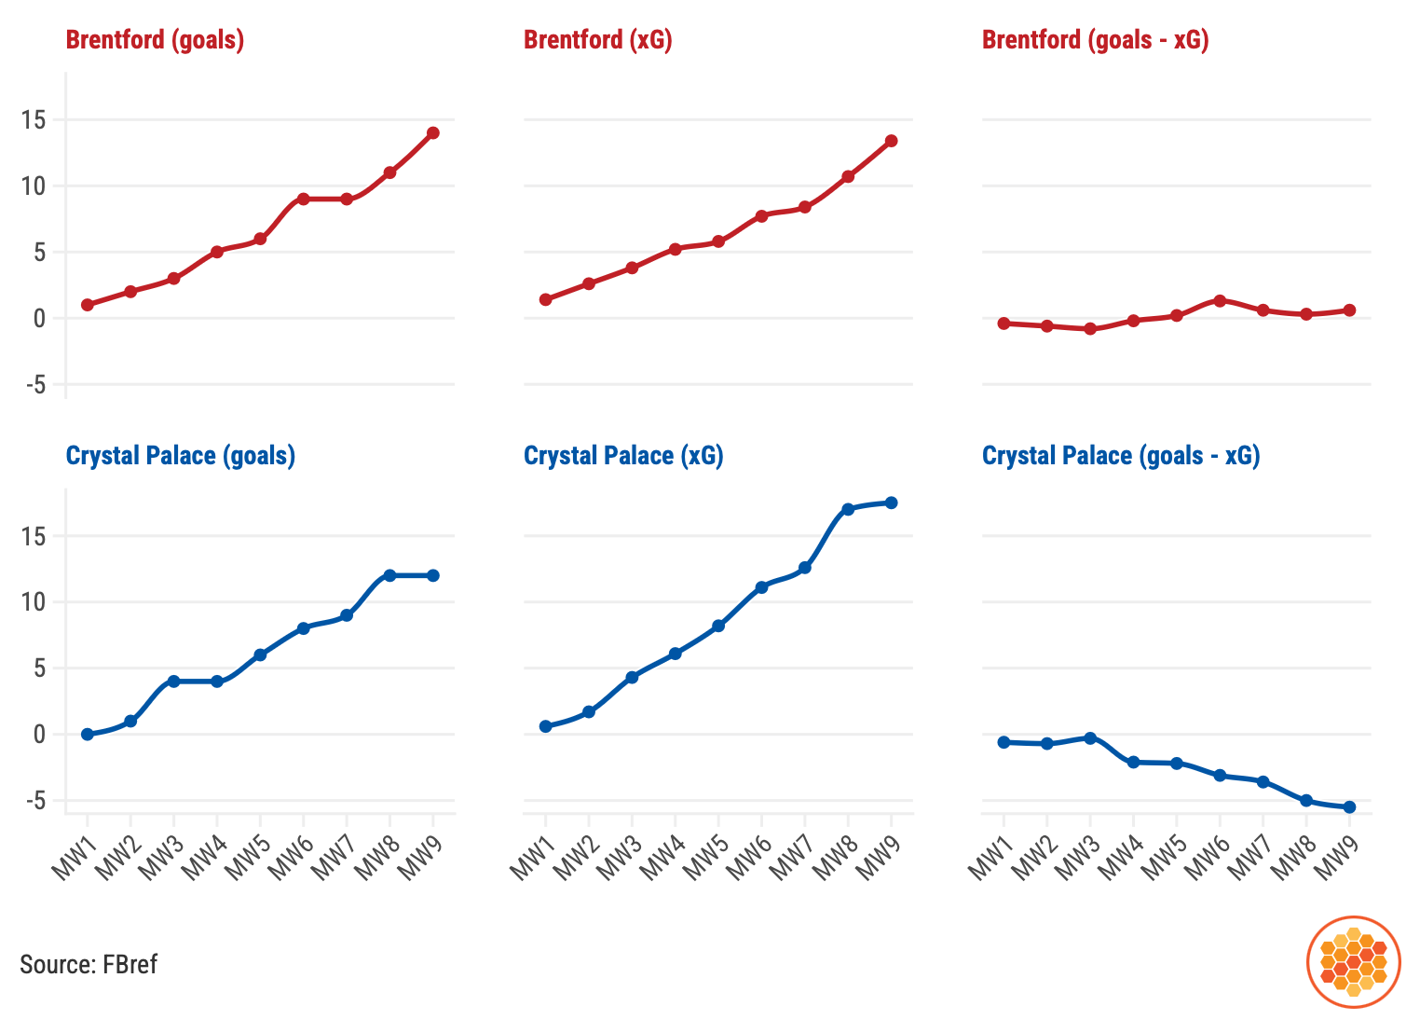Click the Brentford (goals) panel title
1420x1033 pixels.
pos(155,40)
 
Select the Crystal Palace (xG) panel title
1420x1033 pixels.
pos(623,456)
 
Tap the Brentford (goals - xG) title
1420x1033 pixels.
pos(1095,40)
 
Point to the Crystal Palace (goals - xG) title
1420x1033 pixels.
pos(1121,456)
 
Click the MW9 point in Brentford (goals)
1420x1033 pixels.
pos(433,133)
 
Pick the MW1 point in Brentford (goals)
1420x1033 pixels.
pos(88,305)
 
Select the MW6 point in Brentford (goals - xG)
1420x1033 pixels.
pos(1220,300)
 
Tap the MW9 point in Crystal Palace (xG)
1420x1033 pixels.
pos(892,503)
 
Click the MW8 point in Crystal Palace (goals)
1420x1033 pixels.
pos(389,575)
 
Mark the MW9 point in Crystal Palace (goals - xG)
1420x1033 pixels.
pos(1349,807)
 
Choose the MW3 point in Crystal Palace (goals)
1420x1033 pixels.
pos(173,682)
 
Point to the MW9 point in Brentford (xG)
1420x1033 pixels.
pos(892,141)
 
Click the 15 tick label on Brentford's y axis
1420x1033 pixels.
pos(34,120)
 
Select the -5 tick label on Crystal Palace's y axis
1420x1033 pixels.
pos(34,801)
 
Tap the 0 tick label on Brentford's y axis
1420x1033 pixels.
pos(38,319)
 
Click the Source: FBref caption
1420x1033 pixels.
pos(89,964)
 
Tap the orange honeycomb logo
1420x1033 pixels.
pos(1354,962)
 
